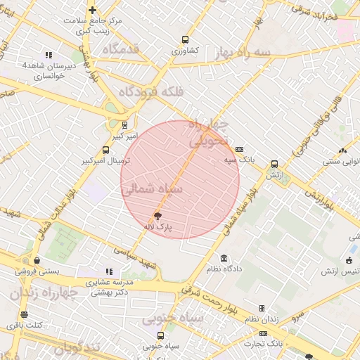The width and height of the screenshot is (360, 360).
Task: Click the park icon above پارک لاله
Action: [x=157, y=216]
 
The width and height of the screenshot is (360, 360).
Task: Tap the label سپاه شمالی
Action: [x=152, y=189]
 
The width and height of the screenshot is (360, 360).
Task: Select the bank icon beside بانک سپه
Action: [x=240, y=149]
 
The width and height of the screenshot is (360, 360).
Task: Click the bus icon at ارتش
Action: [x=274, y=163]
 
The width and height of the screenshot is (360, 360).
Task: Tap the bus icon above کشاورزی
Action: [x=185, y=40]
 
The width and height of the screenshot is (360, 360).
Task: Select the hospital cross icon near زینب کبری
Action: [x=92, y=10]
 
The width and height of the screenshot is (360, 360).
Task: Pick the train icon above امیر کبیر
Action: [x=124, y=124]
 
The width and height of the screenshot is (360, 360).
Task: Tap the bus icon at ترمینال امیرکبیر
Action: [x=106, y=150]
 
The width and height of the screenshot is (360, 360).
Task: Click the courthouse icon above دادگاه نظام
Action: [x=224, y=259]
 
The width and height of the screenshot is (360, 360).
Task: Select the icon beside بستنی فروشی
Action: [x=37, y=261]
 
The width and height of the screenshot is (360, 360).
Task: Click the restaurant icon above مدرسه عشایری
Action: [x=109, y=271]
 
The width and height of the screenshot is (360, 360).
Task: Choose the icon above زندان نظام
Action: [x=262, y=308]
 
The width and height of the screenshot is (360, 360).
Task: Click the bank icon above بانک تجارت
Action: [x=264, y=333]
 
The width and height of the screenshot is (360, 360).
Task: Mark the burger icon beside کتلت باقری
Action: [x=25, y=314]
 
